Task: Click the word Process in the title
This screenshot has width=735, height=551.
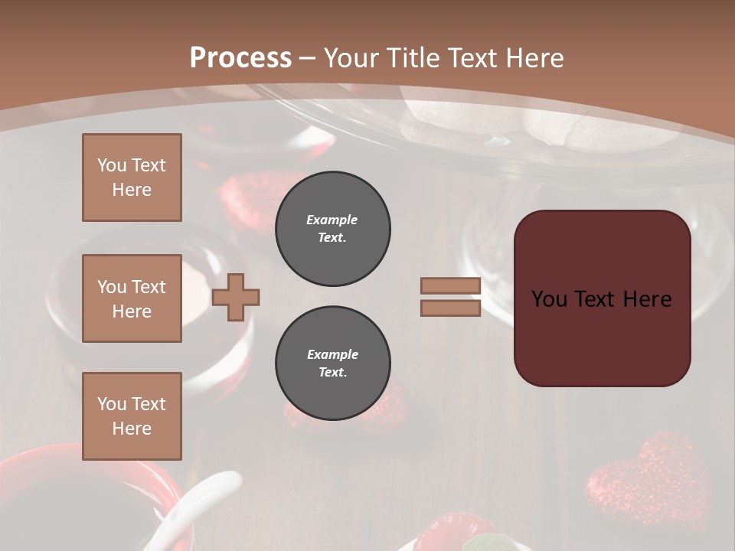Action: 240,57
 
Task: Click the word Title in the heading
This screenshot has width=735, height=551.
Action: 412,57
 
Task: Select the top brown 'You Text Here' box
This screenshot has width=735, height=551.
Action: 132,178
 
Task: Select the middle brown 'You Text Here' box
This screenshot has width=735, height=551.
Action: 132,298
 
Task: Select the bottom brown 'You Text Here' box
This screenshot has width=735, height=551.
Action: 132,416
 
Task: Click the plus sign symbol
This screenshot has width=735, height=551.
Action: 236,297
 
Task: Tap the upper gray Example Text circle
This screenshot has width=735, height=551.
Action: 333,229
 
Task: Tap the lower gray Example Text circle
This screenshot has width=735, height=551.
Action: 333,364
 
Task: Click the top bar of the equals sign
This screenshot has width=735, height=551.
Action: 450,286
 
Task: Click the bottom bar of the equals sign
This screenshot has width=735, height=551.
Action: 450,308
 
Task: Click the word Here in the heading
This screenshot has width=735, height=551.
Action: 533,57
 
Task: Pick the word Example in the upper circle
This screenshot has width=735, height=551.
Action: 332,220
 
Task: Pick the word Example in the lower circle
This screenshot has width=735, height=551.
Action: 332,354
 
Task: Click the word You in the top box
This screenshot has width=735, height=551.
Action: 112,165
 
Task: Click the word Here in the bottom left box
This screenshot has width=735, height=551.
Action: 132,429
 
